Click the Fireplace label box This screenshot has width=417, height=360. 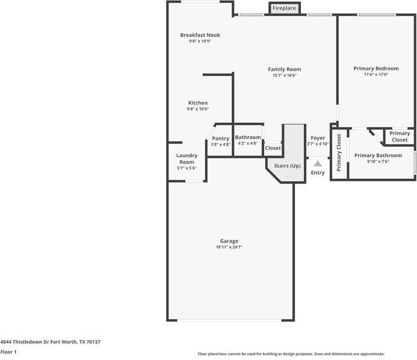(284, 8)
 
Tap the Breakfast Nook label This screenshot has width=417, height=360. (200, 35)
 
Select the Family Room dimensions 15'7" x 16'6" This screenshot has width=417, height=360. (285, 75)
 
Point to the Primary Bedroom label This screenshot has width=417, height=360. (376, 69)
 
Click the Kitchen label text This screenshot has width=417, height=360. (198, 103)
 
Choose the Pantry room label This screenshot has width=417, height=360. (221, 138)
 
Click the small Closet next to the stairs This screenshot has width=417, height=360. (273, 148)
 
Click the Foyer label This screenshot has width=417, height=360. (318, 138)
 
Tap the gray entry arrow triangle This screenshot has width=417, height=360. (318, 163)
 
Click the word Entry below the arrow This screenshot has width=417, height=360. (318, 173)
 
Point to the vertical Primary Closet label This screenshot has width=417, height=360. (339, 153)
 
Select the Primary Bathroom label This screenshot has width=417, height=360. (378, 155)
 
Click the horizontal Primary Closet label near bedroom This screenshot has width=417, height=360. (400, 137)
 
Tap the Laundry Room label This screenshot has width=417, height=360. (187, 159)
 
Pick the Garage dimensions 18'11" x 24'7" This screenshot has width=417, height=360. (229, 247)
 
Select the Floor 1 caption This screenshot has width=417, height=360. (8, 352)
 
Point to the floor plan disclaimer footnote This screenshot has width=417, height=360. (291, 354)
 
